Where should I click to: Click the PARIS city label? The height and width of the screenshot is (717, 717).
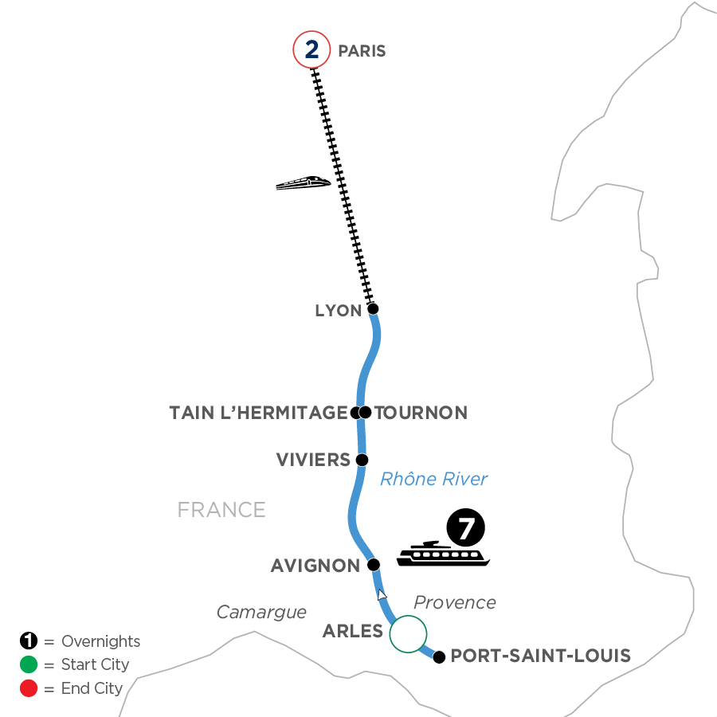pyautogui.click(x=362, y=51)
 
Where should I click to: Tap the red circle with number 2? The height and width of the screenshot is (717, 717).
pyautogui.click(x=311, y=50)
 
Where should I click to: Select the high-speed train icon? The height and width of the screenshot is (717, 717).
pyautogui.click(x=303, y=182)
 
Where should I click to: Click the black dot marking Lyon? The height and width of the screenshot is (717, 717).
pyautogui.click(x=372, y=308)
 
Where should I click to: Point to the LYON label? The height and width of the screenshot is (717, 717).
pyautogui.click(x=339, y=311)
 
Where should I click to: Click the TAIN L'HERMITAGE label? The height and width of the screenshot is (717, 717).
pyautogui.click(x=259, y=413)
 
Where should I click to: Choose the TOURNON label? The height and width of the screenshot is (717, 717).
pyautogui.click(x=421, y=413)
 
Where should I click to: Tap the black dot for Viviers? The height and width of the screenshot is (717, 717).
pyautogui.click(x=362, y=460)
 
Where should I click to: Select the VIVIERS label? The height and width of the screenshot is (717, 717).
pyautogui.click(x=313, y=460)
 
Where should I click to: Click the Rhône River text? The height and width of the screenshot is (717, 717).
pyautogui.click(x=433, y=479)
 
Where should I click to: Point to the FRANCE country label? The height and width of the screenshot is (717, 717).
pyautogui.click(x=221, y=510)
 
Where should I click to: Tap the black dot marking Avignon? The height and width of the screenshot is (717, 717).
pyautogui.click(x=372, y=565)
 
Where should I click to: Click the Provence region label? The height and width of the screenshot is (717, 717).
pyautogui.click(x=455, y=602)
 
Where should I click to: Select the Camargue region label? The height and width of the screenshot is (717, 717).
pyautogui.click(x=261, y=612)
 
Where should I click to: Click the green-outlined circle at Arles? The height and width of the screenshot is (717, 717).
pyautogui.click(x=408, y=634)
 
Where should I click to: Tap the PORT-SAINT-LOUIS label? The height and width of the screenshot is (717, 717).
pyautogui.click(x=540, y=656)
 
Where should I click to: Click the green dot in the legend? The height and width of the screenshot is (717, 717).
pyautogui.click(x=29, y=664)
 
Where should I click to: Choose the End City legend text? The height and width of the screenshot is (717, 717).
pyautogui.click(x=92, y=688)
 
